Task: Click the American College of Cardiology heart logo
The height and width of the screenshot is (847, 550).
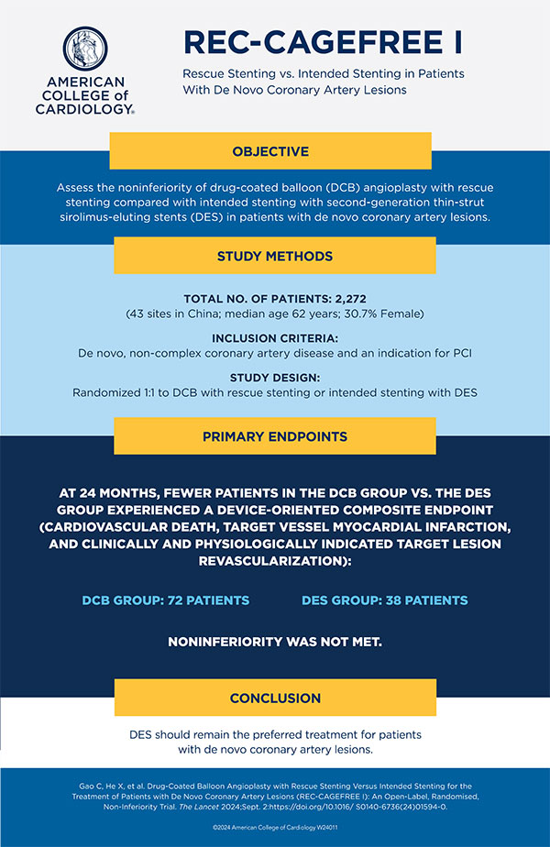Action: (87, 50)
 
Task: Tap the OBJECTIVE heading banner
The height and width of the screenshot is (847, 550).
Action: (272, 151)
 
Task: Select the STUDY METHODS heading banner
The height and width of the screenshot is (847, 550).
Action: (272, 256)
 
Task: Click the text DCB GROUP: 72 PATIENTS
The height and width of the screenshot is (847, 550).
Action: (166, 600)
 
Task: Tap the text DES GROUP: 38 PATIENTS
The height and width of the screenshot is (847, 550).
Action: (384, 600)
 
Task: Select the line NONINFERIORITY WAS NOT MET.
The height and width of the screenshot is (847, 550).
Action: (274, 642)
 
